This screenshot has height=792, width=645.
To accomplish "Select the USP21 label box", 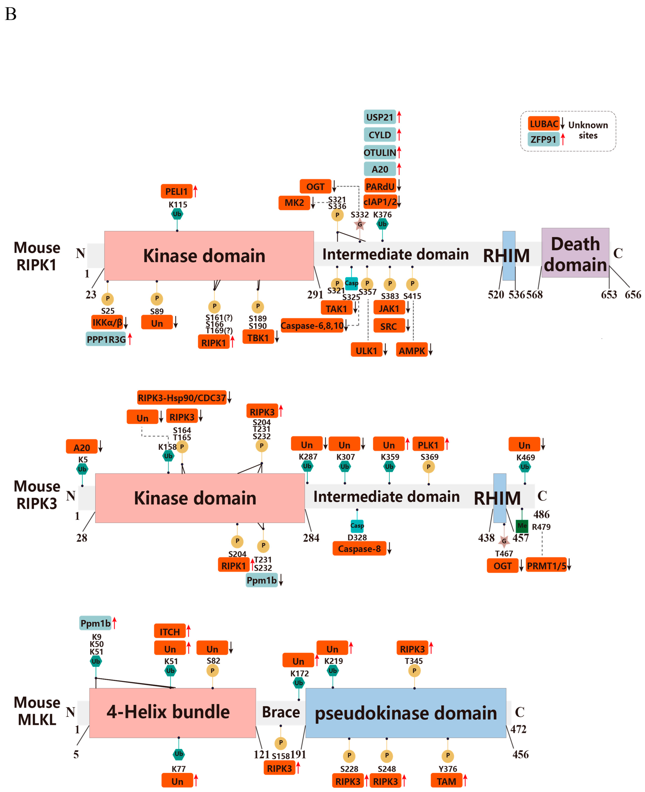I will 379,117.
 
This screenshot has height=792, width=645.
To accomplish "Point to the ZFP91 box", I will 543,139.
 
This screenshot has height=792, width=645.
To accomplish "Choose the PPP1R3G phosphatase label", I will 106,339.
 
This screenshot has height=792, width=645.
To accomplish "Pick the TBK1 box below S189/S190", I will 258,338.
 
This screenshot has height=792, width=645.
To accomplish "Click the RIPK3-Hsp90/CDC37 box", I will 182,397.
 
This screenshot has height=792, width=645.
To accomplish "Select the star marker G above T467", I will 504,541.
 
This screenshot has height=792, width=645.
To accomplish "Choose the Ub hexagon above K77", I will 179,754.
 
